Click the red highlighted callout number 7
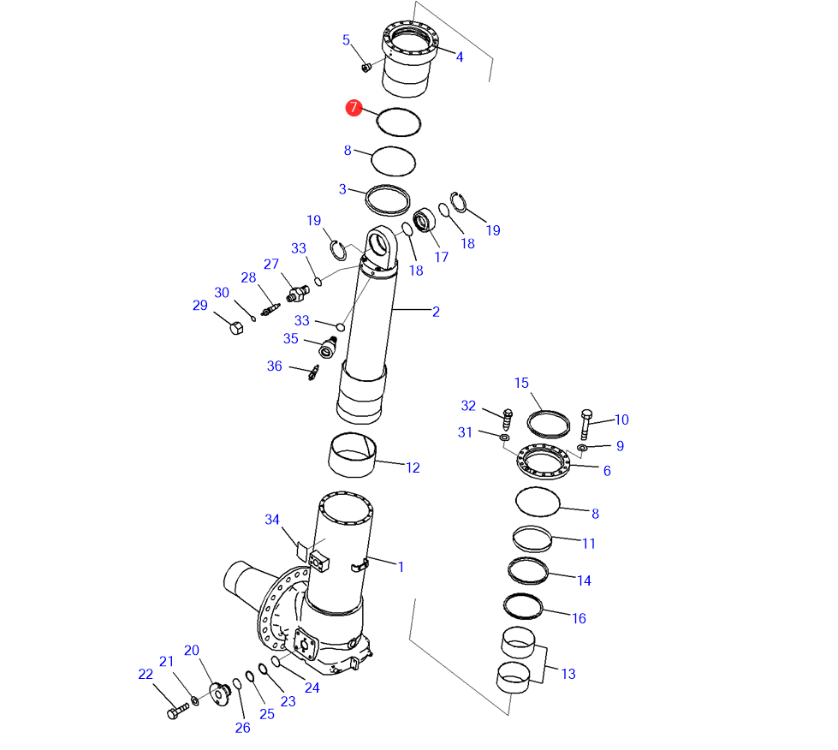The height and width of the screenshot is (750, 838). coord(354,107)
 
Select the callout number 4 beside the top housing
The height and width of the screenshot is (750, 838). coord(459,57)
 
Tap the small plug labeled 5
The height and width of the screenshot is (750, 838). coord(366,68)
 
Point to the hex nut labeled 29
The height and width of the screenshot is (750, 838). coord(236,327)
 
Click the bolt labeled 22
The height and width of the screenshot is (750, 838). coord(178,711)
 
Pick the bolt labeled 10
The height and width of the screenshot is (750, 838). coord(585,425)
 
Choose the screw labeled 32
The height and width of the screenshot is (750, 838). coord(508,420)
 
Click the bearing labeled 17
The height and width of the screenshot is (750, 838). coord(425,220)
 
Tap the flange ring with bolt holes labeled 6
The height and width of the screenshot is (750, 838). coord(543,461)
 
